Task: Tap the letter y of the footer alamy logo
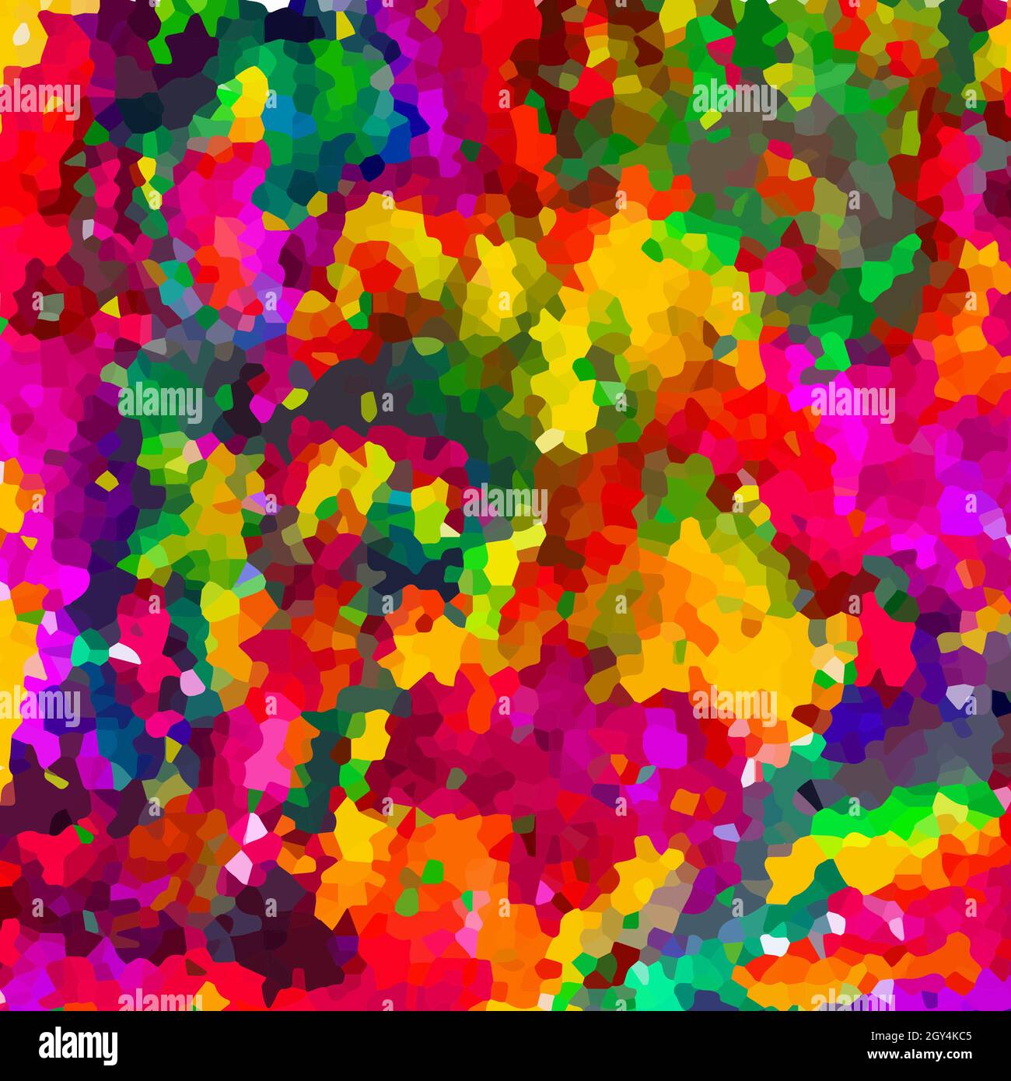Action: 110,1048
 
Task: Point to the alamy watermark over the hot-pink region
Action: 852,404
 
